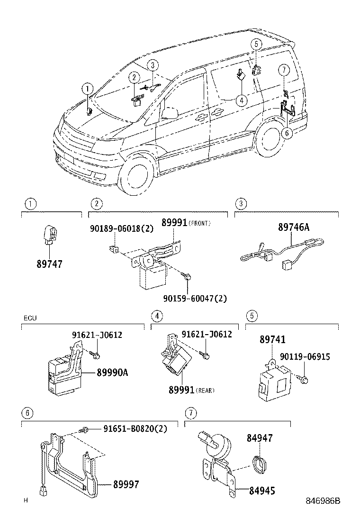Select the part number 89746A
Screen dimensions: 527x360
293,227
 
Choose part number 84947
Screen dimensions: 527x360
259,439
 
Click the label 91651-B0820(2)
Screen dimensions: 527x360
135,429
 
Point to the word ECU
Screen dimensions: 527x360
29,318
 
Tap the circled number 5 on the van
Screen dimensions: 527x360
256,44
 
